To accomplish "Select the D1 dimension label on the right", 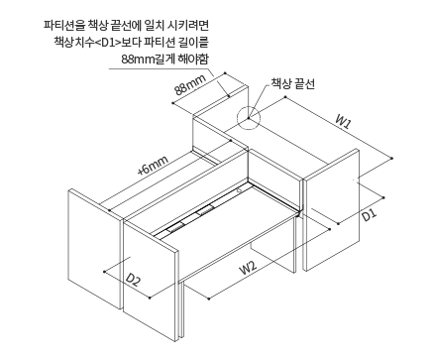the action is (x=368, y=212).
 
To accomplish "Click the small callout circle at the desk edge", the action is (x=248, y=120).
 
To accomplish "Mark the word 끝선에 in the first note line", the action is (x=123, y=23).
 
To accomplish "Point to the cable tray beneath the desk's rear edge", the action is (x=198, y=217).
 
